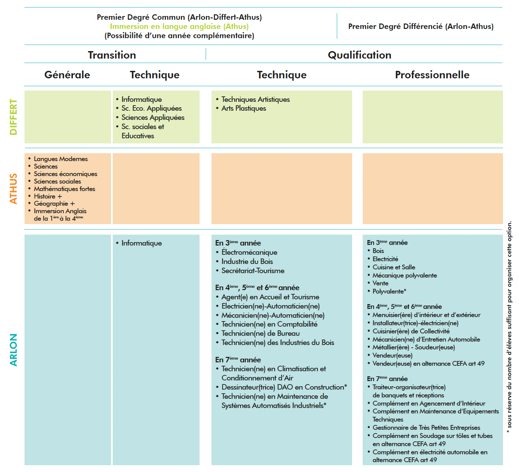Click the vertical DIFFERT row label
[x=13, y=117]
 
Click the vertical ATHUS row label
[x=13, y=189]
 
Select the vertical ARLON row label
[x=13, y=350]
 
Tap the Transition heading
[x=112, y=55]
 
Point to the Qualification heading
[x=359, y=55]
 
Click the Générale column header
[x=67, y=75]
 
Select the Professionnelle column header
[x=432, y=75]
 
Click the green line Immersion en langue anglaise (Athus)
[x=179, y=27]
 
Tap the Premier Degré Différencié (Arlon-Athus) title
[x=421, y=27]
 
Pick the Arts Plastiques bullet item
[x=243, y=108]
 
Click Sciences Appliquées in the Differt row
[x=153, y=117]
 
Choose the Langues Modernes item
[x=61, y=159]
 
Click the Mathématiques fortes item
[x=64, y=189]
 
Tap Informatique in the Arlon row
[x=142, y=243]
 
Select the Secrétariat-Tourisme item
[x=253, y=271]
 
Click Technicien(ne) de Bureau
[x=260, y=333]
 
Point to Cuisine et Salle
[x=394, y=267]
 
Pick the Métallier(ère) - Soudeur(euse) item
[x=413, y=347]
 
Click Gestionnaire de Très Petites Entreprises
[x=426, y=427]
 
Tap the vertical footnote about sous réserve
[x=509, y=327]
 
